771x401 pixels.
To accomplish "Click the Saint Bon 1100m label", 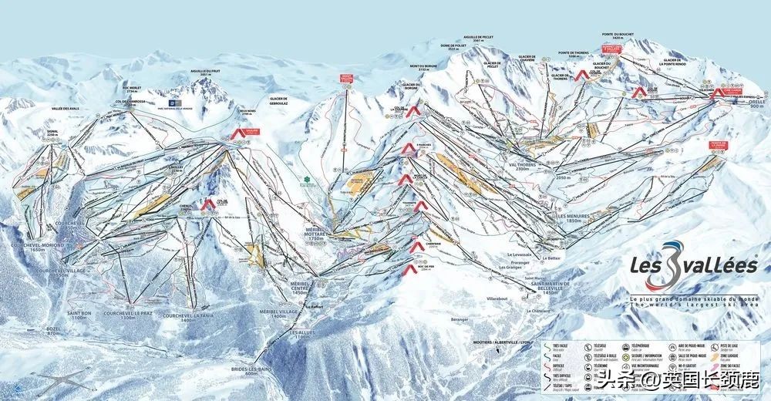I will click(79, 316).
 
